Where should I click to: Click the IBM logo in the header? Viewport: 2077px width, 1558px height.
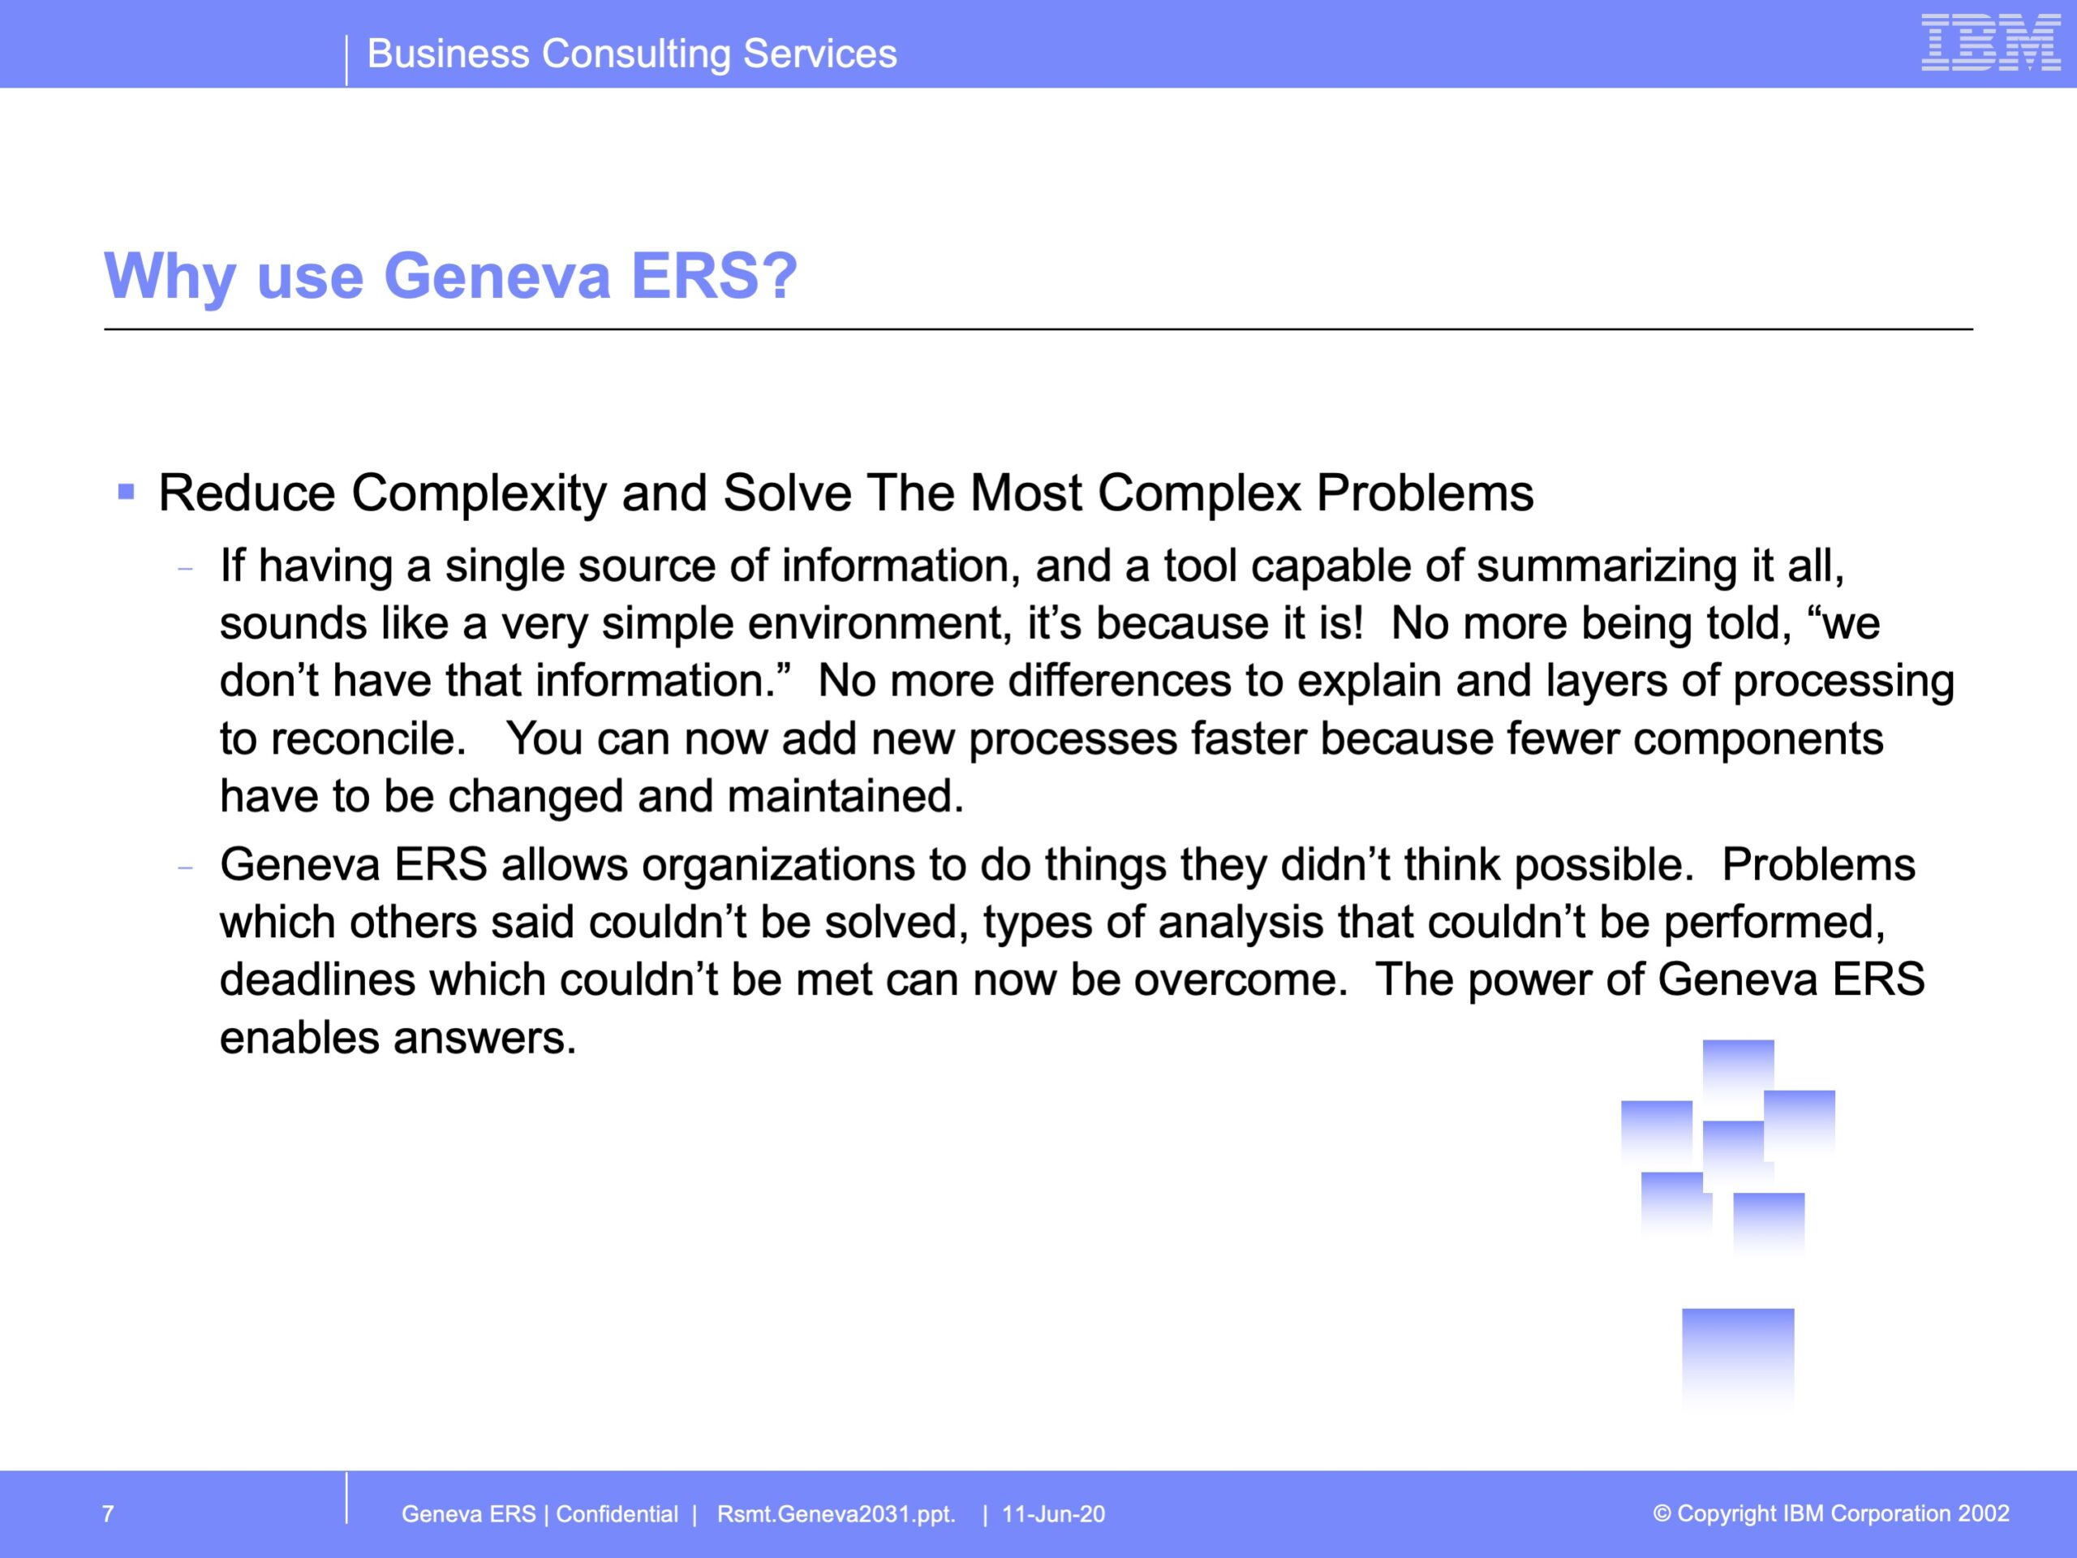(1991, 42)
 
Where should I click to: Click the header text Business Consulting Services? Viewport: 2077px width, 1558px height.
(632, 54)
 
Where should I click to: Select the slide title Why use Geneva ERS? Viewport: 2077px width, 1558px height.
(451, 276)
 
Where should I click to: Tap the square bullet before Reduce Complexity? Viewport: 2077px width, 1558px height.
(127, 491)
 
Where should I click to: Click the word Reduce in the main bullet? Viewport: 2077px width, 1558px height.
(247, 493)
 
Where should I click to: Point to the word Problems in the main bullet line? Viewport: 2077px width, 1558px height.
(1425, 493)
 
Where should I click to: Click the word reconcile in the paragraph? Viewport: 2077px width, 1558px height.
(368, 739)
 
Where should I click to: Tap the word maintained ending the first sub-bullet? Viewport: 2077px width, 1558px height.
(846, 796)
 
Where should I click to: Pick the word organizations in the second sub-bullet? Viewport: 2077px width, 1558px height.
(778, 865)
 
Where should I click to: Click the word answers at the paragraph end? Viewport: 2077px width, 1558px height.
(484, 1039)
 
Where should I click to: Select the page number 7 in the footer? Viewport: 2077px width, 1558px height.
(108, 1514)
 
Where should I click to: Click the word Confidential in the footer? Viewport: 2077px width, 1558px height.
(617, 1514)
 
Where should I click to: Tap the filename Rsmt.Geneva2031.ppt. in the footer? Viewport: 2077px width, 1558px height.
(836, 1515)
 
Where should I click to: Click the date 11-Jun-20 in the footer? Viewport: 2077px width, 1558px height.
(1054, 1514)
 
